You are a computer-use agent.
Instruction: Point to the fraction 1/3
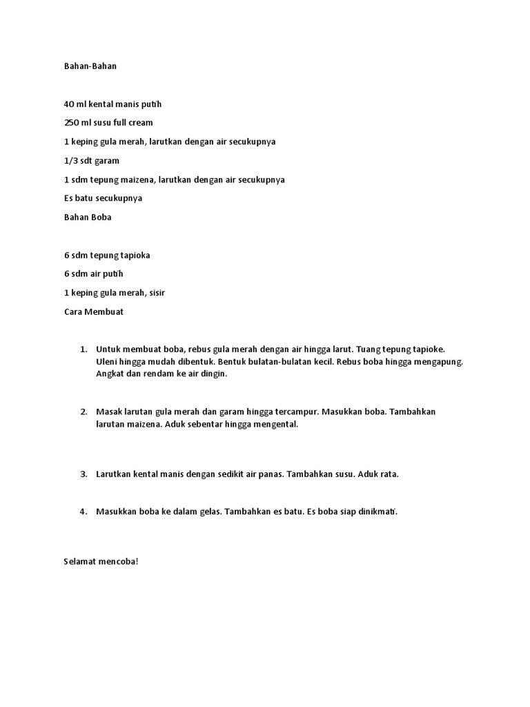(70, 161)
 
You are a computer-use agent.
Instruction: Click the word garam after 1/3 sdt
(107, 161)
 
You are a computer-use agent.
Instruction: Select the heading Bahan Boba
(88, 217)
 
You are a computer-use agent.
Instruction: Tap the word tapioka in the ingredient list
(135, 255)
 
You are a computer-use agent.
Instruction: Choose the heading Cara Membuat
(93, 311)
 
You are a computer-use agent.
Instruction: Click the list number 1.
(83, 349)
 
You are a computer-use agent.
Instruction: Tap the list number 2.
(83, 411)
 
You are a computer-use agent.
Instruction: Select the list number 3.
(83, 474)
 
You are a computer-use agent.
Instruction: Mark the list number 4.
(83, 512)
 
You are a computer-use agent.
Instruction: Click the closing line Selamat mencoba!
(101, 561)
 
